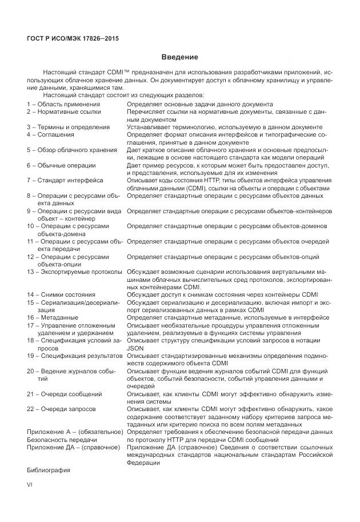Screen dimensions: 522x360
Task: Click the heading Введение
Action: click(x=179, y=57)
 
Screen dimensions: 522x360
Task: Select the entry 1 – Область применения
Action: click(x=63, y=105)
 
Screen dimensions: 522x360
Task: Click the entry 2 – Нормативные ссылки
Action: click(x=64, y=112)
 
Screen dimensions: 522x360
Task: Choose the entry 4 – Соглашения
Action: click(x=51, y=135)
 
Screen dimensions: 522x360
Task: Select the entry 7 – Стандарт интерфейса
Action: click(x=65, y=180)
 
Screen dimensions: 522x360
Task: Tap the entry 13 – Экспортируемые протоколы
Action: click(x=75, y=272)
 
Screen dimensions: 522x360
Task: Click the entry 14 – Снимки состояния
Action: click(x=61, y=294)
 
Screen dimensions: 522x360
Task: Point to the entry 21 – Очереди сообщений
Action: click(x=65, y=394)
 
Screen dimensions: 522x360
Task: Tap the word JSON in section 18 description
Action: click(x=135, y=348)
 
